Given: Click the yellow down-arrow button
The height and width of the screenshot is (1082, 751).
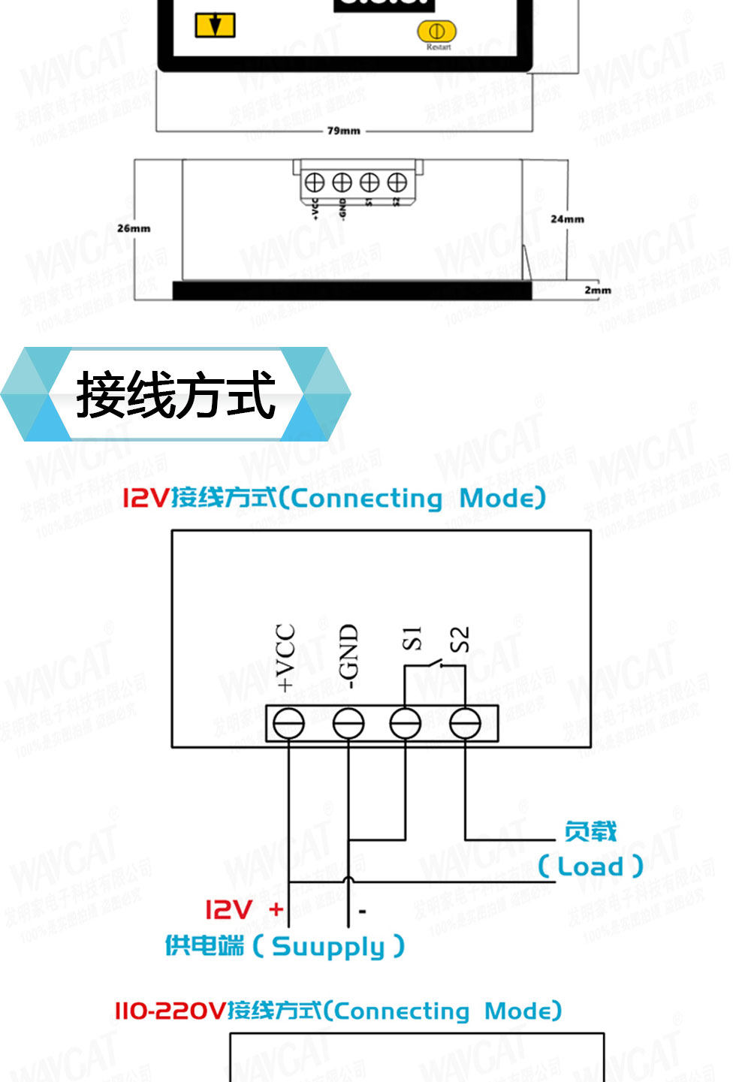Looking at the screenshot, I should [215, 26].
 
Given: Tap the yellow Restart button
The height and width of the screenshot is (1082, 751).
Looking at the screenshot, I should [436, 32].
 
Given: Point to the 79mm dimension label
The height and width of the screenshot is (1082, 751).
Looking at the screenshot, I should [343, 131].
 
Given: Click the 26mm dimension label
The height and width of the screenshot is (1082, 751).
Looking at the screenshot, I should [134, 228].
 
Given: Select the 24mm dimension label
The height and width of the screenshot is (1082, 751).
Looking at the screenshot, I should [567, 219].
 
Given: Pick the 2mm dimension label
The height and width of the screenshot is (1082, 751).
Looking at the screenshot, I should [598, 290].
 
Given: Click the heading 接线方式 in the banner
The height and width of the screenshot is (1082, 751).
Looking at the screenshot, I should [176, 395].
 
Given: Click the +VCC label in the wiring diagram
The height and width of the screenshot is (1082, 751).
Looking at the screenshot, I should [285, 657].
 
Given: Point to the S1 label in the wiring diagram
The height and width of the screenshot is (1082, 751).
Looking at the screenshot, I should [412, 638].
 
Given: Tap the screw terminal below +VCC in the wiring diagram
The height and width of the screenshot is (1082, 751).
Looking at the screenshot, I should [288, 724].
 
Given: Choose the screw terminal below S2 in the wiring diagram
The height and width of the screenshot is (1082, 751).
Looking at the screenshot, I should [465, 724].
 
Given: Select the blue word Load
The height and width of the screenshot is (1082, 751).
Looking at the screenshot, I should [591, 867].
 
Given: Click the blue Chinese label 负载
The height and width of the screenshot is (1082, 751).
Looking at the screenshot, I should [590, 831].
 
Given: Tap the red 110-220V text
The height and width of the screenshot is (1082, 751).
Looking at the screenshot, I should [170, 1011].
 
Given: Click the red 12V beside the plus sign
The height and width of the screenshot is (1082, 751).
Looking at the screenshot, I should [228, 910].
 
